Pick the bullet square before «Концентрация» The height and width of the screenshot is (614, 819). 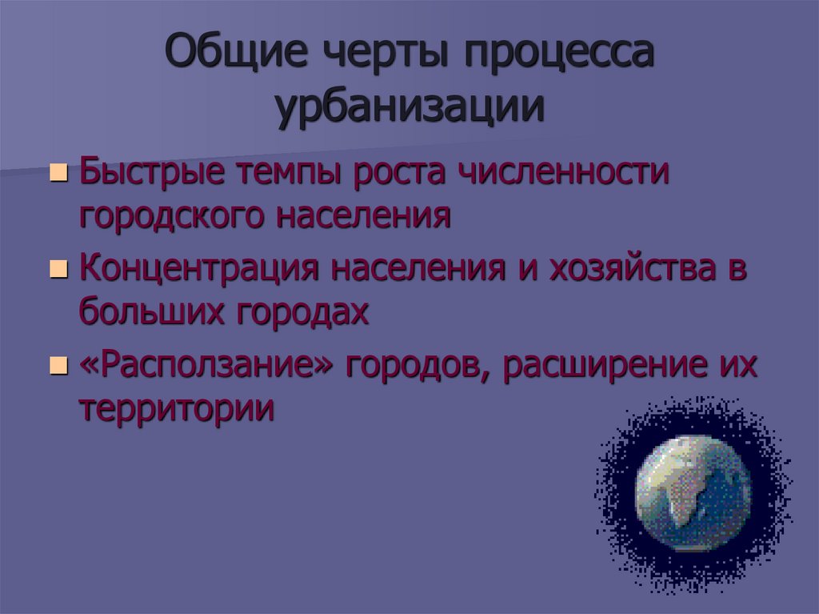click(58, 271)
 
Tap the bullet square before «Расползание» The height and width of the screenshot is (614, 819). click(58, 367)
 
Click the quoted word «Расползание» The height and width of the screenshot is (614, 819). click(206, 367)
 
